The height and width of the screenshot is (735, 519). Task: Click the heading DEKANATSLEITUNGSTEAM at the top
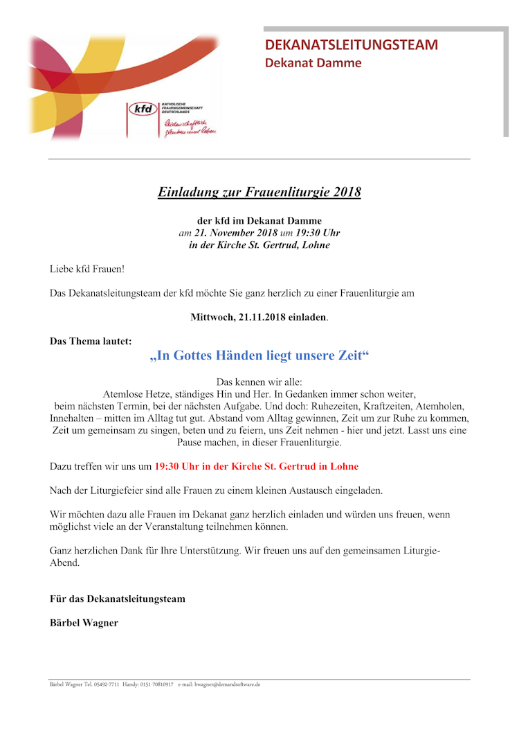tap(352, 45)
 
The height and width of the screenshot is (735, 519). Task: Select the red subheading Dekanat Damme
tap(313, 63)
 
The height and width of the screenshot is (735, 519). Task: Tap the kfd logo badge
tap(143, 110)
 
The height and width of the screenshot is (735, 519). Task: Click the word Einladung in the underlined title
tap(185, 192)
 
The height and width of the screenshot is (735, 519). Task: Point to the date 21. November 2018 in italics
tap(236, 233)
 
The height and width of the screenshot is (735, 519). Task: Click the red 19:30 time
tap(167, 466)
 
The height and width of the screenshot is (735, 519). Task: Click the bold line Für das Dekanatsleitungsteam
tap(118, 599)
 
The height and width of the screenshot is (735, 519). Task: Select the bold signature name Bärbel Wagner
tap(84, 623)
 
